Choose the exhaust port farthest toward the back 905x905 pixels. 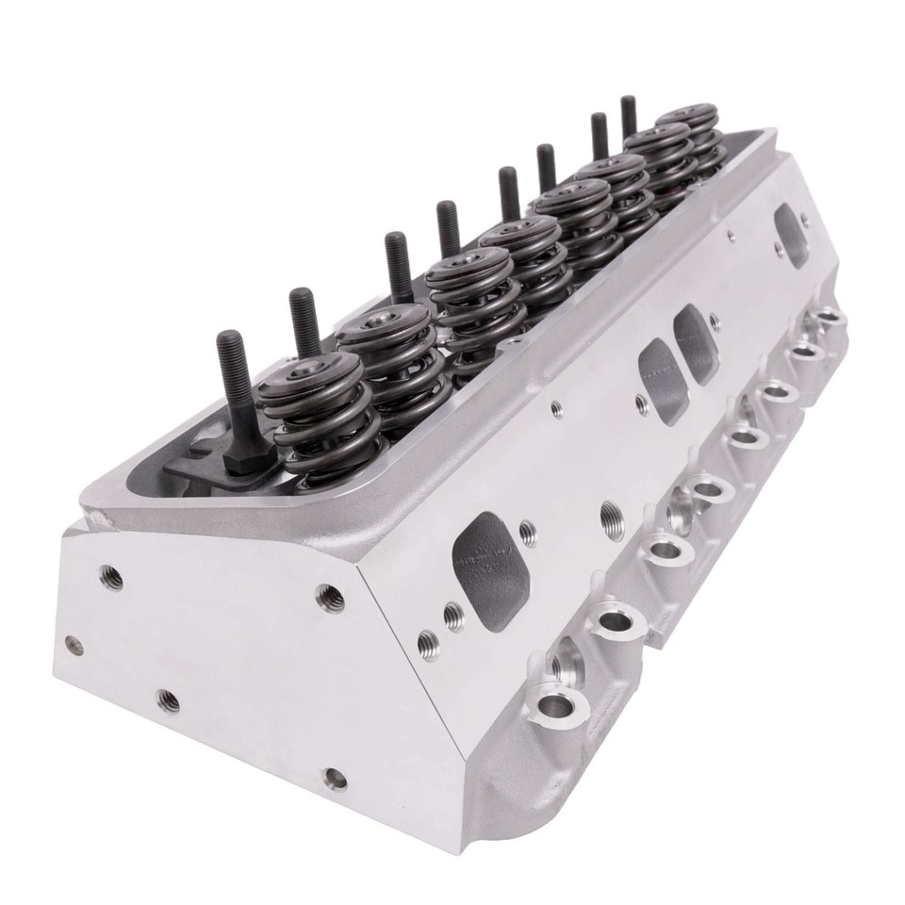click(x=790, y=224)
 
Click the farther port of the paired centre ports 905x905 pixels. click(x=697, y=344)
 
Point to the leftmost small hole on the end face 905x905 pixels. click(x=72, y=645)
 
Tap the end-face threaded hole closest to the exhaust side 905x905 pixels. click(x=329, y=596)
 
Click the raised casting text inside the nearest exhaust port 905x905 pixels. click(x=481, y=561)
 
